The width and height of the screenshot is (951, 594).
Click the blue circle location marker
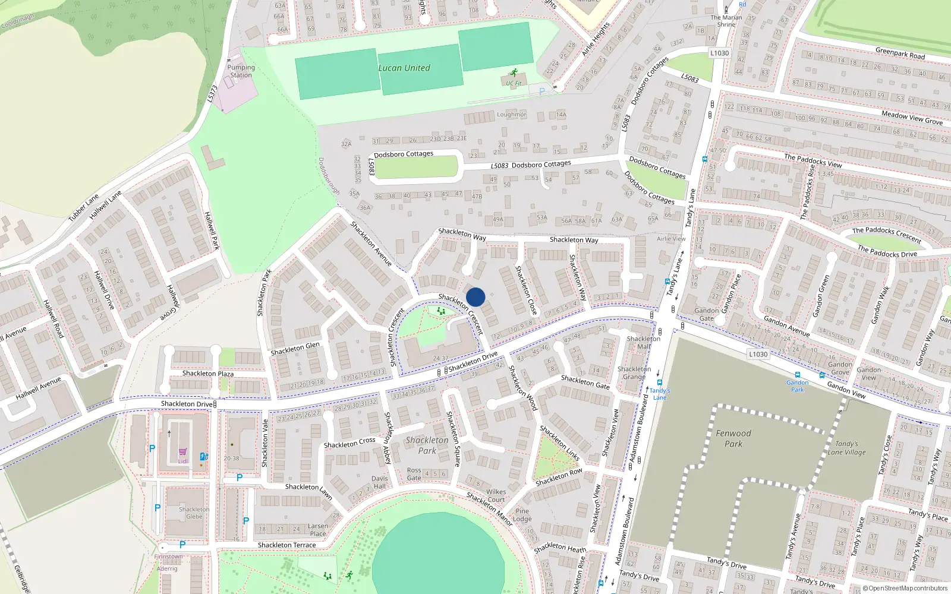[x=475, y=297]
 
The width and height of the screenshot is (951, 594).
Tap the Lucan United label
[x=404, y=68]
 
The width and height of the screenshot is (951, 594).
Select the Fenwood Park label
[x=733, y=438]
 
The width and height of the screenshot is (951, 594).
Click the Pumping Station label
[x=241, y=71]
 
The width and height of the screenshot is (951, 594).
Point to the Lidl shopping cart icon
[x=182, y=453]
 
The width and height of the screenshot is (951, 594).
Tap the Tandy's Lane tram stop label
[x=660, y=394]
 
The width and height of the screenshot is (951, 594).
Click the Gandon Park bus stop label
[x=797, y=386]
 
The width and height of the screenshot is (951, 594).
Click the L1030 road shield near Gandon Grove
[x=758, y=354]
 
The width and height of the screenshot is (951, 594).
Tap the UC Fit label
[x=514, y=83]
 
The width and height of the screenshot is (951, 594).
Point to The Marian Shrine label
[x=726, y=21]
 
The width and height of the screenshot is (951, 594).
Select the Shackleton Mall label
[x=644, y=342]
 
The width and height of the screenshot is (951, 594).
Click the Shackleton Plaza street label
[x=208, y=374]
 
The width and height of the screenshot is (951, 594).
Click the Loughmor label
[x=511, y=114]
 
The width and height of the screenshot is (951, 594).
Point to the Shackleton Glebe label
[x=194, y=513]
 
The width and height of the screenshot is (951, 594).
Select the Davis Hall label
[x=380, y=482]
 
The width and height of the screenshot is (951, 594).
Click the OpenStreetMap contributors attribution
[x=905, y=588]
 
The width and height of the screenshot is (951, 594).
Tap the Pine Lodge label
[x=522, y=514]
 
